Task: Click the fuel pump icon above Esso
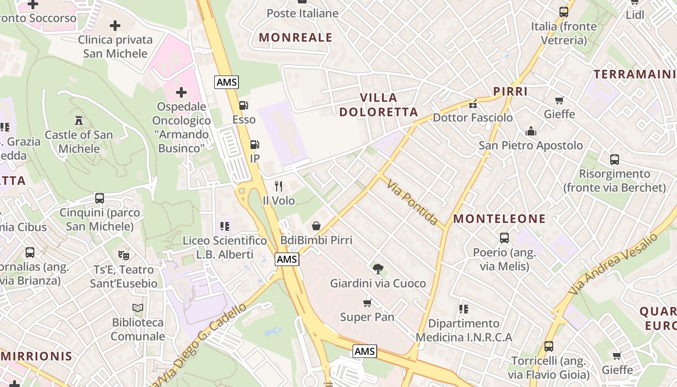click(x=244, y=105)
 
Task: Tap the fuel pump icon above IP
click(x=254, y=145)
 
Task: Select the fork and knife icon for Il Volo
click(x=279, y=186)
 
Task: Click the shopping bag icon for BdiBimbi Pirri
click(x=316, y=226)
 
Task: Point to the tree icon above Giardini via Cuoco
click(x=378, y=269)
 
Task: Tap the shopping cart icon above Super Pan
click(x=367, y=303)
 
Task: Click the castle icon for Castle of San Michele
click(x=79, y=120)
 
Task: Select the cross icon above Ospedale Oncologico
click(x=181, y=92)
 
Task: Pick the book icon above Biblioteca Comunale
click(x=138, y=308)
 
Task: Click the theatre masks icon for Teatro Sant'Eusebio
click(x=124, y=255)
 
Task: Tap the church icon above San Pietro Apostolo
click(x=530, y=131)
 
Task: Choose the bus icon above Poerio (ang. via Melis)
click(x=504, y=238)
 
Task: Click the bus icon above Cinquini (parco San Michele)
click(x=99, y=198)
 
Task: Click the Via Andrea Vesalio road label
click(x=613, y=264)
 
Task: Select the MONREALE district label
click(x=295, y=38)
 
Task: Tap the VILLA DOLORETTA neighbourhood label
click(x=379, y=105)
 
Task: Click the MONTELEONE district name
click(x=499, y=219)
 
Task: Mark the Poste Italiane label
click(x=302, y=14)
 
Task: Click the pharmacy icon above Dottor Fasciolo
click(x=473, y=104)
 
